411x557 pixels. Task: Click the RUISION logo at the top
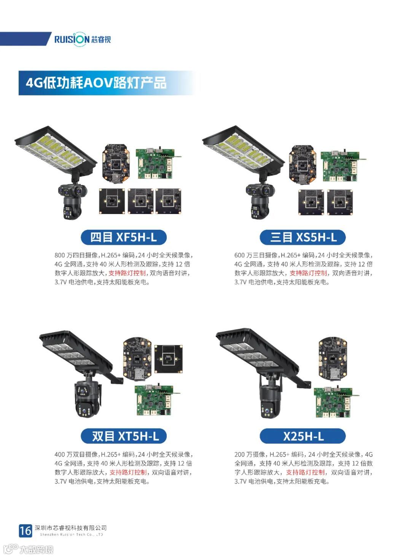click(83, 39)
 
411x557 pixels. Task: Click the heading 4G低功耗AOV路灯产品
click(96, 83)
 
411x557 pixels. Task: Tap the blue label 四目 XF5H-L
click(123, 237)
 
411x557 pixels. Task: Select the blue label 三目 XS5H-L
click(303, 237)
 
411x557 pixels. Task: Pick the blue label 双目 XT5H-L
click(123, 436)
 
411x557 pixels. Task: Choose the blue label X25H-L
click(303, 436)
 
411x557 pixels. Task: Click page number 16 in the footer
click(25, 531)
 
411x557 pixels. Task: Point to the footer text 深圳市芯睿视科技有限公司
click(71, 528)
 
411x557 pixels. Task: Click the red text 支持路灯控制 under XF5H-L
click(127, 273)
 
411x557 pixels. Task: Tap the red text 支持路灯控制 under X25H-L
click(306, 472)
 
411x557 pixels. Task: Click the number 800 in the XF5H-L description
click(60, 255)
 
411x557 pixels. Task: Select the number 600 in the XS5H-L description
click(239, 255)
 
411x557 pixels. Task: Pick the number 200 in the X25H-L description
click(239, 454)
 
